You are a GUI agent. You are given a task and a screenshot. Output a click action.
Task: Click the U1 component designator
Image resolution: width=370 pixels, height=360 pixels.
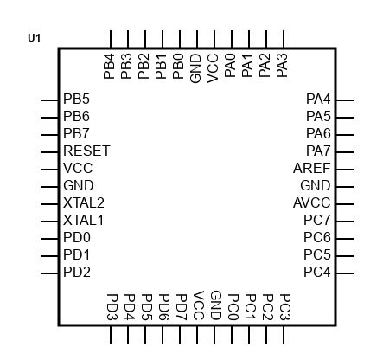(x=35, y=38)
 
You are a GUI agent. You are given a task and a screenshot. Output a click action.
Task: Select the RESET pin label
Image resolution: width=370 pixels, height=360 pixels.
(x=86, y=151)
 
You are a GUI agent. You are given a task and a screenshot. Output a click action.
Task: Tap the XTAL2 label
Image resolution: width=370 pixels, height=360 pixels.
(x=84, y=202)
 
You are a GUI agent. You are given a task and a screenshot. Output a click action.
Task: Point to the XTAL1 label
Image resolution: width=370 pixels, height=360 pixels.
(x=84, y=220)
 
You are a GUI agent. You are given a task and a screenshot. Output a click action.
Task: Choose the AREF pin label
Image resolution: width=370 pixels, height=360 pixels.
(x=312, y=168)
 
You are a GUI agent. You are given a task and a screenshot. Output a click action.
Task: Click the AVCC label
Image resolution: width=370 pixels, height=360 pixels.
(x=312, y=202)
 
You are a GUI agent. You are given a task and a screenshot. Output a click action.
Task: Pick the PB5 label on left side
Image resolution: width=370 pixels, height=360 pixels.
(x=76, y=99)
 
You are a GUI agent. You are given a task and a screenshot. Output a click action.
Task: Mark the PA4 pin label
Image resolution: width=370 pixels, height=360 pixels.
(x=319, y=99)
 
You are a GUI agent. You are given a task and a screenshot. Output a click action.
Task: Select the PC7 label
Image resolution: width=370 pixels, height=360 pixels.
(x=317, y=220)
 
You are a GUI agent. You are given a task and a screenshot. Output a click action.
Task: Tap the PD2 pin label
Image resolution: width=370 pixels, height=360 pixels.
(x=76, y=272)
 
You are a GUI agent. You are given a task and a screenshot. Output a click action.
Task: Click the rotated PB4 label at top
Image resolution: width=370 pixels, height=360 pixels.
(x=110, y=67)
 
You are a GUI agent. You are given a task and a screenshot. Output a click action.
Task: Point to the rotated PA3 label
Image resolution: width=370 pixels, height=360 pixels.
(x=283, y=67)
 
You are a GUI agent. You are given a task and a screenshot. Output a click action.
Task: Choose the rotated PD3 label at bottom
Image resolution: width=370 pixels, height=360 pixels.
(x=112, y=305)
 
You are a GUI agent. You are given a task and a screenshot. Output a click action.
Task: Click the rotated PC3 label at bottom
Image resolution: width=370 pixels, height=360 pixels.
(x=284, y=305)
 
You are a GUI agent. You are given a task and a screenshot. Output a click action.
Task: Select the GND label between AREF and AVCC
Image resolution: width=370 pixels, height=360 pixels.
(x=316, y=185)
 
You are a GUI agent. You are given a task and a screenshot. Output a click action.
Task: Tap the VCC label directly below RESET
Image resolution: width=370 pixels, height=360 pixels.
(x=78, y=168)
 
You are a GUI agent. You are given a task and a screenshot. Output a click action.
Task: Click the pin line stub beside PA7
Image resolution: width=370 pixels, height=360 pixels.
(x=344, y=151)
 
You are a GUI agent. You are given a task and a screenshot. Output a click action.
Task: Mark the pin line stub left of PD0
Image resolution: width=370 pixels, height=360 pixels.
(x=49, y=238)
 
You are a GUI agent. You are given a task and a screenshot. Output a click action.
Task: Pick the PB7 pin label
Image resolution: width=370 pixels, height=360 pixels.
(x=76, y=133)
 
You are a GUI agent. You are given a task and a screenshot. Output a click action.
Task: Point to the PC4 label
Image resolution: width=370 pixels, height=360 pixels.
(x=317, y=272)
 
